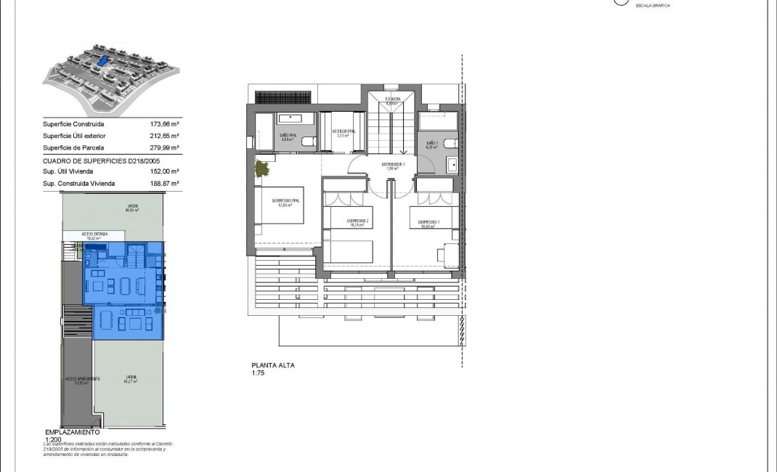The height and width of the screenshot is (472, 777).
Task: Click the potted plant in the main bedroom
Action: (x=261, y=170)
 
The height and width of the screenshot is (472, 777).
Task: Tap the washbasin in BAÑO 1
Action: (x=452, y=163)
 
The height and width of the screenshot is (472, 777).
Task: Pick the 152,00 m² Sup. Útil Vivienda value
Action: (x=165, y=171)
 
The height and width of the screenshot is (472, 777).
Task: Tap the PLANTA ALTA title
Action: (x=272, y=366)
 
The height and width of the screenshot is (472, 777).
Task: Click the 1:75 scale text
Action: (x=259, y=373)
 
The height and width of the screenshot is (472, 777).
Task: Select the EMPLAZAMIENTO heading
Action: (x=71, y=432)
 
